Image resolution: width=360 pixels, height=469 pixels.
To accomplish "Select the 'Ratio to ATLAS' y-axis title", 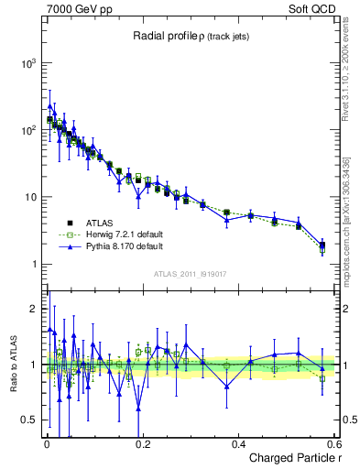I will click(12, 364).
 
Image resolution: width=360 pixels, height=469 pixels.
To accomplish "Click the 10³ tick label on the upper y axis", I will click(28, 63).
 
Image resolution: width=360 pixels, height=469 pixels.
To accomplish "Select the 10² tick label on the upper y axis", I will click(28, 130).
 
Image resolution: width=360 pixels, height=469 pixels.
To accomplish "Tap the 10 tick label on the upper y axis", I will click(30, 197).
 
